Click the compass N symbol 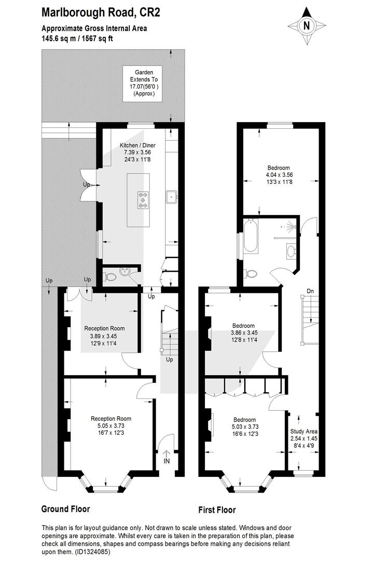[x=307, y=26]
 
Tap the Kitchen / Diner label [x=137, y=145]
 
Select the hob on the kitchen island [x=144, y=200]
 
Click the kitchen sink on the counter [x=172, y=197]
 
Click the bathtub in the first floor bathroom [x=250, y=236]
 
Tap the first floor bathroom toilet [x=250, y=274]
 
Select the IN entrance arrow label [x=167, y=458]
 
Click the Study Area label [x=303, y=432]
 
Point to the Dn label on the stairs [x=310, y=291]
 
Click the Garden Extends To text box [x=143, y=84]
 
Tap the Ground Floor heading [x=66, y=509]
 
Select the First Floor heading [x=217, y=510]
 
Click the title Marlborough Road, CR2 [x=101, y=12]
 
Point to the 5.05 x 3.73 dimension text [x=110, y=426]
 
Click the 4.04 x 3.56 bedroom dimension [x=279, y=175]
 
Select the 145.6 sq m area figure [x=59, y=38]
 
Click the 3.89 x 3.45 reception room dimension [x=104, y=336]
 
